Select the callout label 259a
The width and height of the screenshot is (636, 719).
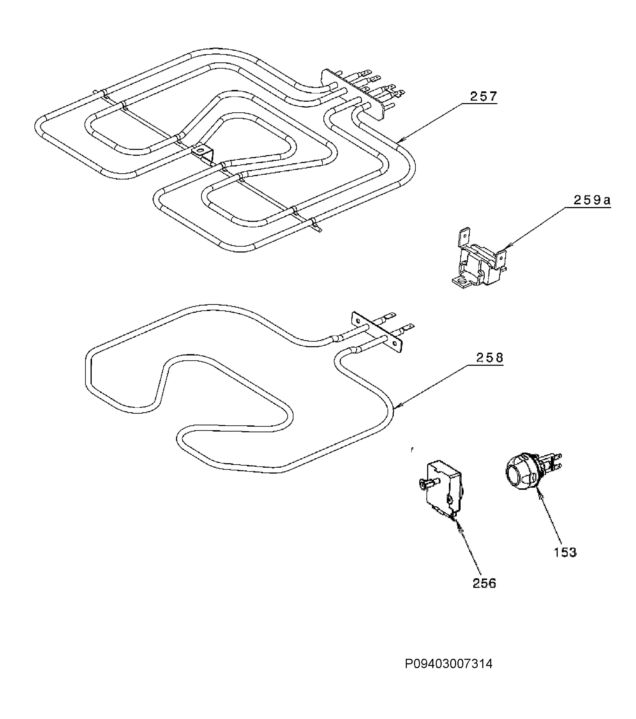(x=592, y=200)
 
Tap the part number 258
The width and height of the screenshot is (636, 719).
(x=489, y=358)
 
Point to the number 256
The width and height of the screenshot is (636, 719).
(x=484, y=584)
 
